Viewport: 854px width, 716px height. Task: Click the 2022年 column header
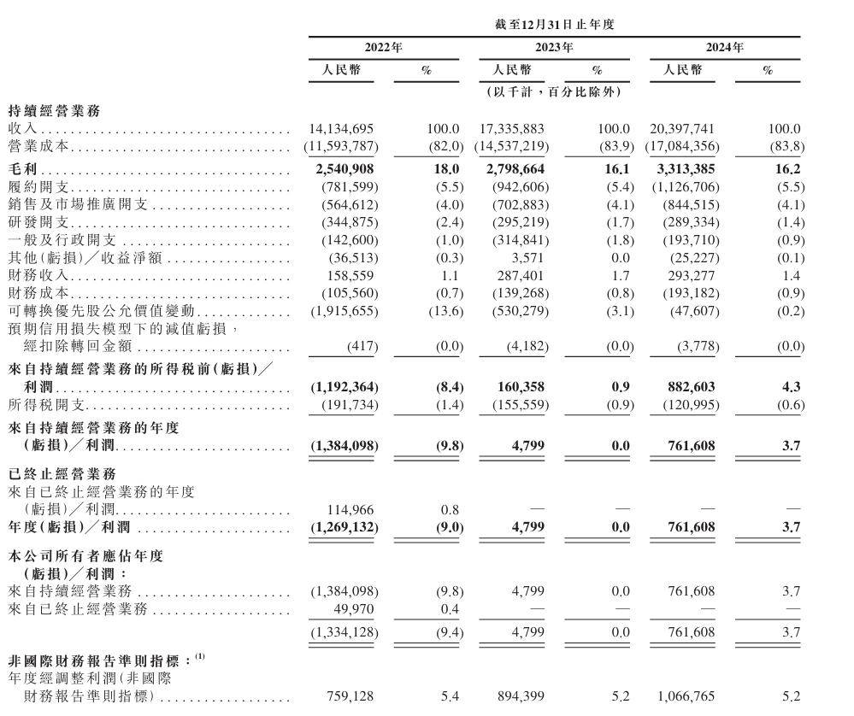point(383,48)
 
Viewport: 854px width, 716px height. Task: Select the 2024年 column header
point(725,48)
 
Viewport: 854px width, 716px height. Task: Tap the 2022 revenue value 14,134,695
point(341,129)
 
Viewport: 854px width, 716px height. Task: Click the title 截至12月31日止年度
point(554,25)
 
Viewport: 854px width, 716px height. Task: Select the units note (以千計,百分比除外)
point(554,91)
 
